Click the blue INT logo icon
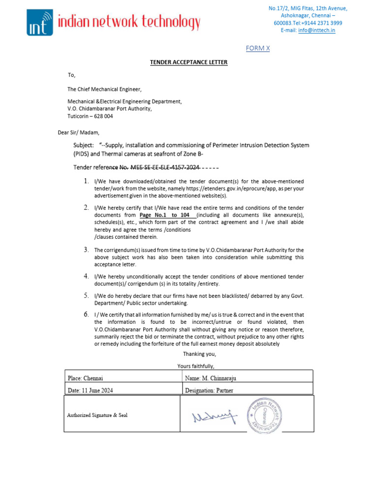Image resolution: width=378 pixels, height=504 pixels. (40, 23)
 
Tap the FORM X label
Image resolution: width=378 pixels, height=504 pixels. (258, 48)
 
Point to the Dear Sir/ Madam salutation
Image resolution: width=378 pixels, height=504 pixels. (79, 132)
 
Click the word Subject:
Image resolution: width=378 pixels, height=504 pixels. (83, 145)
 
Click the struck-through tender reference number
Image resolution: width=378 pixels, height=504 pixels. (164, 167)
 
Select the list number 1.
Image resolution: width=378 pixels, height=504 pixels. (86, 182)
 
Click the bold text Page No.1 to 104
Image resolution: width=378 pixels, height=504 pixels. (167, 216)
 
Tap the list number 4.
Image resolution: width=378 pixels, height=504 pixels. (86, 276)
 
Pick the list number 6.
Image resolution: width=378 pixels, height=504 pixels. (86, 314)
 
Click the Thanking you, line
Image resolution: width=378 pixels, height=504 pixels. (199, 354)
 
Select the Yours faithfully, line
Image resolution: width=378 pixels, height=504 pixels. (196, 366)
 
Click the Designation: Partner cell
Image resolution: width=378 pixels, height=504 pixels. (209, 390)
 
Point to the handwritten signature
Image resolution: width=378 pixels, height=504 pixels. (214, 417)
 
